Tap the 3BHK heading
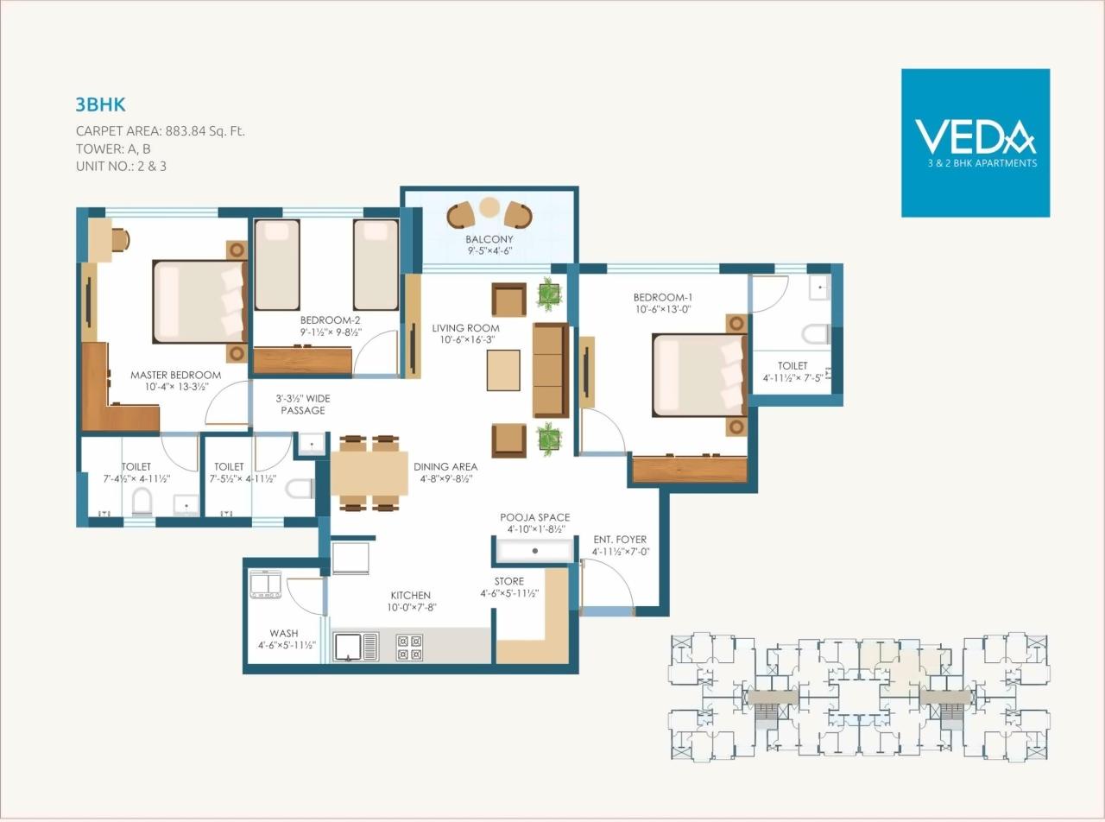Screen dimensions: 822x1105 (x=101, y=105)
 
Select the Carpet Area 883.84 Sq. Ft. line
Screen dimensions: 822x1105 (x=161, y=132)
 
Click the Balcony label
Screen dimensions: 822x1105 (x=489, y=239)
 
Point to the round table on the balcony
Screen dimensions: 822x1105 (x=489, y=207)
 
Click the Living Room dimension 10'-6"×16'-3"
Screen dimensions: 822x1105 (x=466, y=340)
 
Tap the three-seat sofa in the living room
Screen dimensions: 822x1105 (x=550, y=370)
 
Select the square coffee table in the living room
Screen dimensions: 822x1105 (x=503, y=370)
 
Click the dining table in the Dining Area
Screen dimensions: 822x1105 (x=369, y=472)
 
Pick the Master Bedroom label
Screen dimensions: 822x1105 (x=175, y=376)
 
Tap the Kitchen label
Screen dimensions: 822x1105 (x=410, y=595)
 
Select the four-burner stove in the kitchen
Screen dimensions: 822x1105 (x=409, y=648)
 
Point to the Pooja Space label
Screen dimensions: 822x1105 (x=535, y=517)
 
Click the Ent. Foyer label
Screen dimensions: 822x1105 (x=620, y=540)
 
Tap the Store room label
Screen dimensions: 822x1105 (x=508, y=581)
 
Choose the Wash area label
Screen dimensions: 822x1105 (x=284, y=633)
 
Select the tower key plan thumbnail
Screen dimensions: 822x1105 (x=860, y=698)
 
